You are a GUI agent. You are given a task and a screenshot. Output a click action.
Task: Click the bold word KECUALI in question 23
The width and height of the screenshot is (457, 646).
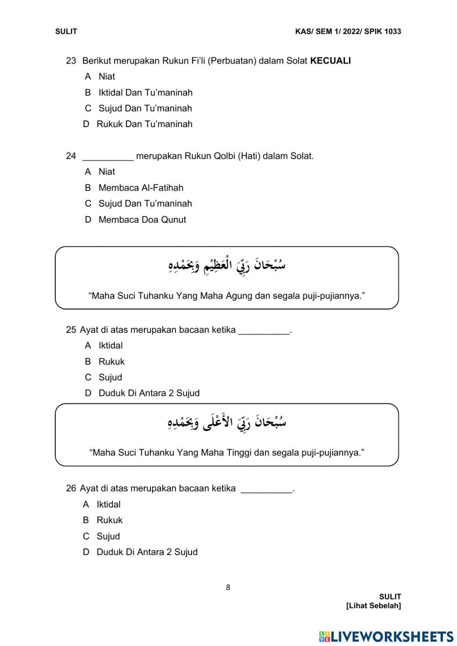tap(330, 61)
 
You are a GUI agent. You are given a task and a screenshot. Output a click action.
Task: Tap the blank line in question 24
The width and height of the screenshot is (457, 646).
tap(108, 156)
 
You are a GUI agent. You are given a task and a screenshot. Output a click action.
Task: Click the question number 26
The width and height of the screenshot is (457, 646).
tap(71, 489)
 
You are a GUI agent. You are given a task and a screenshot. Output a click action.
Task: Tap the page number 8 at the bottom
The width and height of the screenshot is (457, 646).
tap(228, 587)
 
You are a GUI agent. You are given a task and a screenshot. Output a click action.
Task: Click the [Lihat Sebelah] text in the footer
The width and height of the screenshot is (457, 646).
tap(373, 606)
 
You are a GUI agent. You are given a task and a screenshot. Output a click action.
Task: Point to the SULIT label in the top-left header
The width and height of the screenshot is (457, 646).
tap(66, 32)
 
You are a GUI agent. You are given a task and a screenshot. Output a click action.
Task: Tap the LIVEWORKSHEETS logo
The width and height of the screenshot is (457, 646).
tap(386, 636)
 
